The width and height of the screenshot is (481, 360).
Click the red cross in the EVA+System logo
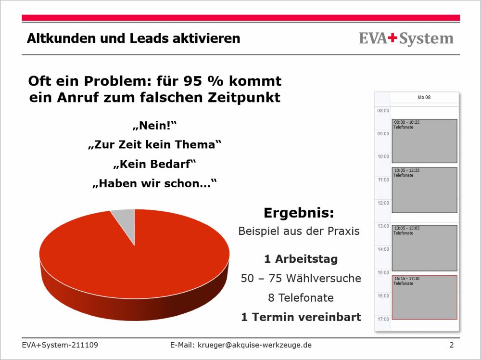pos(392,38)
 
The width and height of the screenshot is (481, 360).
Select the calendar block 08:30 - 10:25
pos(425,141)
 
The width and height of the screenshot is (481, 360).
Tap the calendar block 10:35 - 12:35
pos(425,190)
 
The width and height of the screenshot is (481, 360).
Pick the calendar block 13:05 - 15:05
pos(425,248)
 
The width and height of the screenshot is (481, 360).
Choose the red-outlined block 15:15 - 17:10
pos(425,297)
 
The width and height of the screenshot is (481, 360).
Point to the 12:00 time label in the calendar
pos(383,203)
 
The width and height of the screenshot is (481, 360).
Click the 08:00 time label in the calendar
pos(383,111)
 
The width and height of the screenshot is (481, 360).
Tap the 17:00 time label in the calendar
pos(383,319)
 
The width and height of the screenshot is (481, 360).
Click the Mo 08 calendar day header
pos(424,97)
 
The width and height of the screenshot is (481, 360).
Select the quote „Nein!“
pos(155,126)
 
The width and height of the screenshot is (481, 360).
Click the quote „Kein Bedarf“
pos(154,164)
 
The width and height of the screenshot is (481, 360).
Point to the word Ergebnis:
pos(299,213)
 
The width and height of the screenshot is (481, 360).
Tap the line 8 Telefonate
pos(301,298)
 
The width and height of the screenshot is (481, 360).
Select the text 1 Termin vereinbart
pos(301,317)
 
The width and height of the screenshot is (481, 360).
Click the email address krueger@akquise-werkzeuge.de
pos(254,345)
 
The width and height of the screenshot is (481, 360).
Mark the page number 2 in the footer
pos(452,345)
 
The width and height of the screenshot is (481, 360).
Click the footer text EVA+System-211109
pos(60,345)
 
